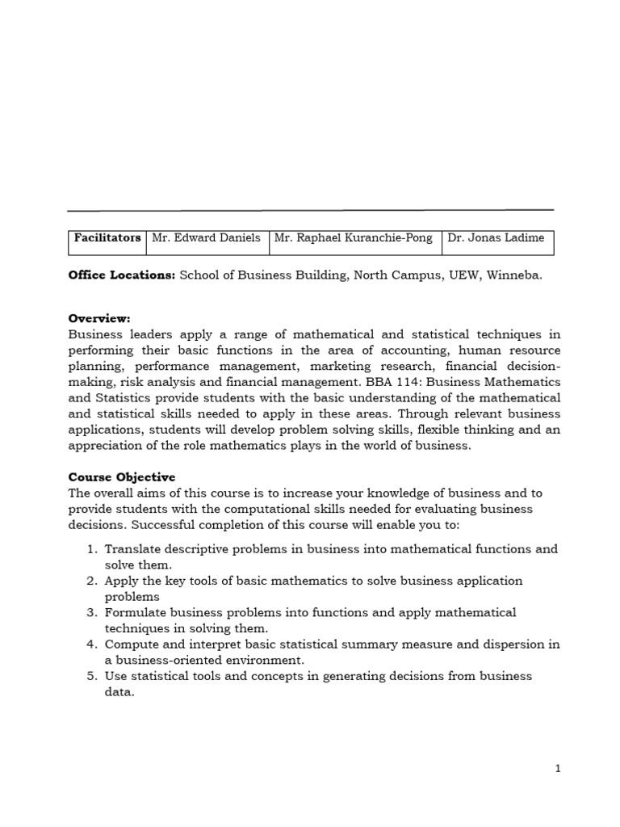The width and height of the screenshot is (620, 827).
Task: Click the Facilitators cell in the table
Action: point(107,238)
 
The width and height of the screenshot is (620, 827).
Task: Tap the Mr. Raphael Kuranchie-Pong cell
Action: point(354,238)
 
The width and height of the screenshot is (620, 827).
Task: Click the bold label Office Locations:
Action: point(122,275)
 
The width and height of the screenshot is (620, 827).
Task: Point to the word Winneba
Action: point(516,275)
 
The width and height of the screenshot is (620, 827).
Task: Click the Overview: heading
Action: point(99,318)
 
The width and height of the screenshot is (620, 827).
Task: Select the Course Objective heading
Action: point(122,477)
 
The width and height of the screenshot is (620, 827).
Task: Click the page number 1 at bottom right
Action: point(558,769)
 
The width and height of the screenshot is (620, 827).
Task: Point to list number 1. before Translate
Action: point(92,549)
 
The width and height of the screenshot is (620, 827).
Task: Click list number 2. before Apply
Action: point(92,581)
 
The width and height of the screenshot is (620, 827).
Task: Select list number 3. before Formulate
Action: point(92,613)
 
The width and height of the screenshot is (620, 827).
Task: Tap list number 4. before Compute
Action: point(92,644)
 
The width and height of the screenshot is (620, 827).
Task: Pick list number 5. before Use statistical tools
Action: point(92,676)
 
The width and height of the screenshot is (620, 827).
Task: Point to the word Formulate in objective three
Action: point(136,613)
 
